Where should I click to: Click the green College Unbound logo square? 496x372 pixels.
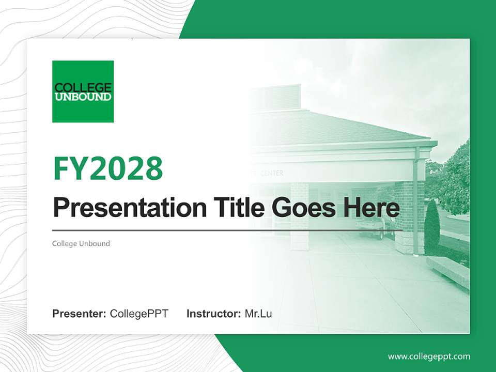(83, 91)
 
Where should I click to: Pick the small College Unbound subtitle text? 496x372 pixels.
(81, 243)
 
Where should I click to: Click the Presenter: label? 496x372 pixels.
(79, 314)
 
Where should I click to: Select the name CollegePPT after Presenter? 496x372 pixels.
(139, 314)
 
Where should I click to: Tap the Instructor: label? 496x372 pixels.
(213, 314)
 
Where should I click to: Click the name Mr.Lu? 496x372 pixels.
(258, 314)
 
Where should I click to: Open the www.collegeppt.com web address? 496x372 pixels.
(429, 357)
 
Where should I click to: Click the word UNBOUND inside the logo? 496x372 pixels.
(83, 97)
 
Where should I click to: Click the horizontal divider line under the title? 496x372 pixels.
(227, 230)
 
